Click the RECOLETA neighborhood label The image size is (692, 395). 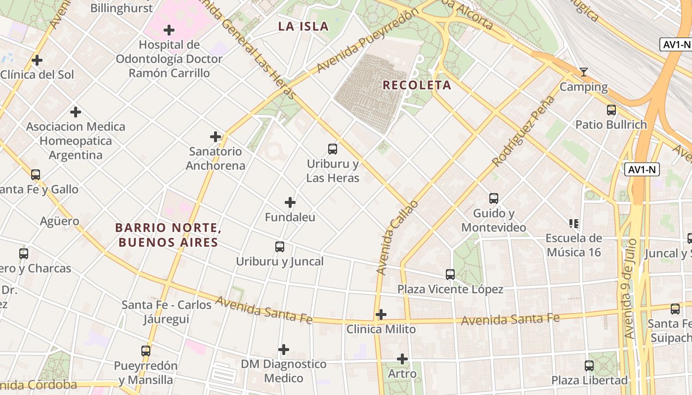point(417,85)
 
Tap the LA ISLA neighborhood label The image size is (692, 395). point(303,27)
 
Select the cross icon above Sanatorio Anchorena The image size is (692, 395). point(216,137)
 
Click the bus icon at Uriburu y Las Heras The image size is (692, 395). point(333,149)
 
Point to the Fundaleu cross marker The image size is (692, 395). point(290,202)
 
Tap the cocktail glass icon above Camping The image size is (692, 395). point(584,72)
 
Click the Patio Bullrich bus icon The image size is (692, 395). point(611,110)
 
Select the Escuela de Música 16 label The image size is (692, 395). point(573,245)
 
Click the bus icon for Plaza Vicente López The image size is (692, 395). point(450,274)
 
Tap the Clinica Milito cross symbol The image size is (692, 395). point(381,315)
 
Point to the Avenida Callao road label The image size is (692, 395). point(397,237)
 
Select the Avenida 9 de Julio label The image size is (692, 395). point(629,288)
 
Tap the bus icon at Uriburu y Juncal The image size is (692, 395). point(280,246)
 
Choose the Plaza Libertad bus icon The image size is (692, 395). point(589,366)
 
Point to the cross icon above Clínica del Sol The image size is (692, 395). point(37,61)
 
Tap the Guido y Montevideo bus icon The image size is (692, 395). point(494,198)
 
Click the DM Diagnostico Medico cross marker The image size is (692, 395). point(284,350)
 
